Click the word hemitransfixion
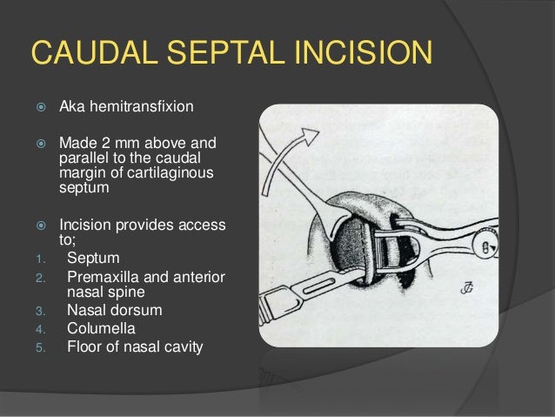134,107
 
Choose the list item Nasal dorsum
109,309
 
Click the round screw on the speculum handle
489,250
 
